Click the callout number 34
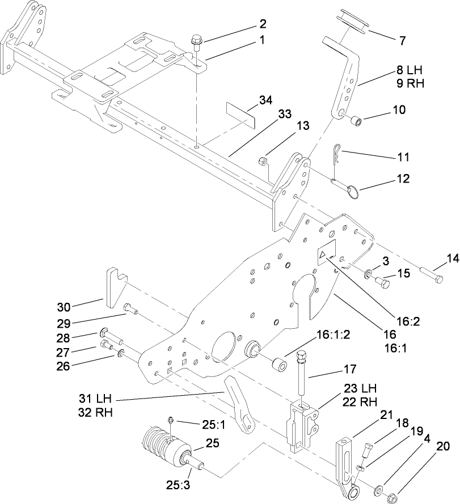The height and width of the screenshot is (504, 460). pyautogui.click(x=264, y=100)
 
